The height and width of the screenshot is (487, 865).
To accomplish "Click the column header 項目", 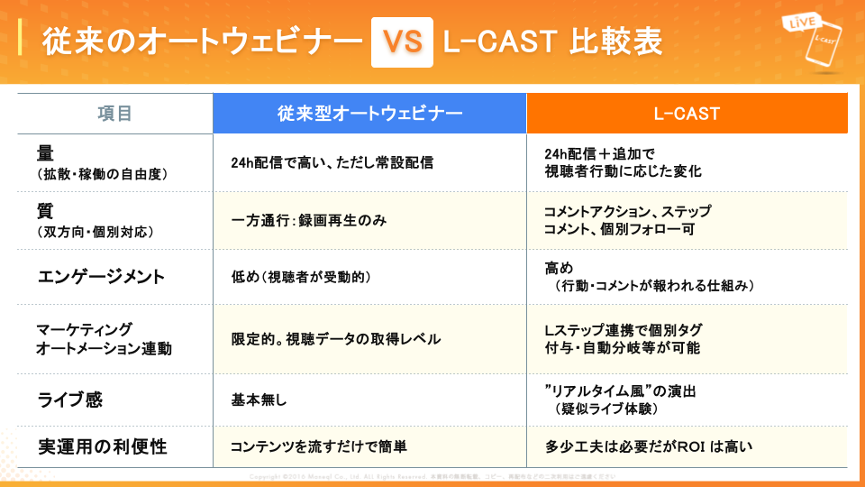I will [115, 114].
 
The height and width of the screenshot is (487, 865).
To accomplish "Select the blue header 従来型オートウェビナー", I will [369, 114].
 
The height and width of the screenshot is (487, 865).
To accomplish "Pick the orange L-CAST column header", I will [687, 114].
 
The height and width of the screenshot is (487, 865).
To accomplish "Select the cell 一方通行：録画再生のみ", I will [309, 220].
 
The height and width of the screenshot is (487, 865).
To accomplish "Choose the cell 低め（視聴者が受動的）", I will [301, 275].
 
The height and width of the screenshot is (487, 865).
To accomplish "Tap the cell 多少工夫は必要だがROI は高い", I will [648, 446].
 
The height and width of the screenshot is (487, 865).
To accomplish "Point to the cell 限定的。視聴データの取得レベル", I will [336, 339].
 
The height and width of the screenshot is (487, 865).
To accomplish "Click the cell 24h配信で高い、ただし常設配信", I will [332, 163].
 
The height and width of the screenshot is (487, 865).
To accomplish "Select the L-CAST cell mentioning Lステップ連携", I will [623, 338].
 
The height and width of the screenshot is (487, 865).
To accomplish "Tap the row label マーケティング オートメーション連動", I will [104, 338].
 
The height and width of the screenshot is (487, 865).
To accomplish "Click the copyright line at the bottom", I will [432, 475].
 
